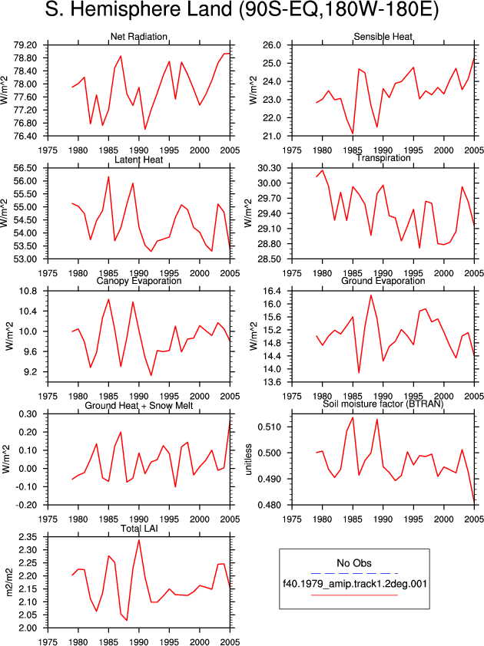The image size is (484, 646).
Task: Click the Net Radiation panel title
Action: coord(138,37)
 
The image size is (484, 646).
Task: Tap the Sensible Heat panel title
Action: coord(383,37)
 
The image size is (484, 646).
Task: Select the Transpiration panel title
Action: coord(383,158)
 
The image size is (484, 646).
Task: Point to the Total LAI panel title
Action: coord(139,529)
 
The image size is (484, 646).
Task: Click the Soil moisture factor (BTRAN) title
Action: coord(383,404)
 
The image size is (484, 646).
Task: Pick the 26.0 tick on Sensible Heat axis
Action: coord(273,45)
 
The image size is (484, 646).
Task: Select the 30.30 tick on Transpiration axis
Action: coord(270,168)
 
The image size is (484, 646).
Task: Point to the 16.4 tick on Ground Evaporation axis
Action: coord(273,292)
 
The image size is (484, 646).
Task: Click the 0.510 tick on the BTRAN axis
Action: coord(270,427)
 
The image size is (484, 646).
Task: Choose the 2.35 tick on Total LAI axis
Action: coord(28,537)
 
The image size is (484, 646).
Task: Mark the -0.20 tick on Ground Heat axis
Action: coord(27,505)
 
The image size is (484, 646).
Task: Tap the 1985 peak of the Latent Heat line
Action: coord(108,176)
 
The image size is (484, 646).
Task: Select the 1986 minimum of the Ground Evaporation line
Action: coord(359,373)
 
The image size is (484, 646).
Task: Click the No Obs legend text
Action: coord(354,563)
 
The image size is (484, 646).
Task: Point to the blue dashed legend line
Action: coord(354,573)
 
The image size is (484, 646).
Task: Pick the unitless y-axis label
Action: coord(248,460)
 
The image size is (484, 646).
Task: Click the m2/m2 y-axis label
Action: coord(9,582)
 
